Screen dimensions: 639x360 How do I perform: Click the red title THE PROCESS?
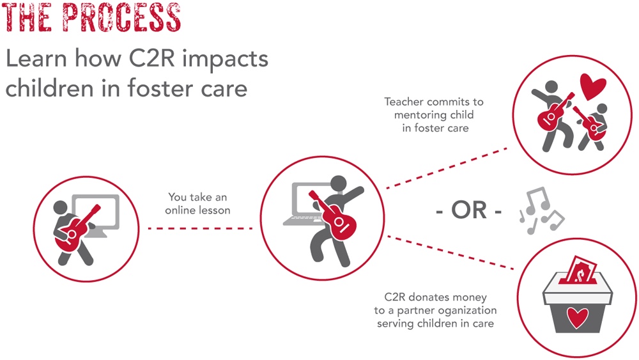(91, 17)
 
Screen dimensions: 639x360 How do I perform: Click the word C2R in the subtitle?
(151, 58)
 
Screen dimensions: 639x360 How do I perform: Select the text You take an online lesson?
(197, 203)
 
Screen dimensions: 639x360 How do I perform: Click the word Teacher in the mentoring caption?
(404, 102)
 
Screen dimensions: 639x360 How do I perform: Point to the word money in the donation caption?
(468, 297)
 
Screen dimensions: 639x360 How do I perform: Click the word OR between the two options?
(469, 210)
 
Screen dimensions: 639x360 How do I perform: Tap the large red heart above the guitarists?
(593, 86)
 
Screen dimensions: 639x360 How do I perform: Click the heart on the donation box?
(578, 318)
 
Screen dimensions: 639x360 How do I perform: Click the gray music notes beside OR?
(541, 211)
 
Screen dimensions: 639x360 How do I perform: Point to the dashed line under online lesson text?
(200, 228)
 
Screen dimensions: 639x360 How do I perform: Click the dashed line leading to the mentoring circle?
(447, 168)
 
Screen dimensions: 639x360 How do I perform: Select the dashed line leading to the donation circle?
(450, 252)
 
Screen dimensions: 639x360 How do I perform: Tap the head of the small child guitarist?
(601, 109)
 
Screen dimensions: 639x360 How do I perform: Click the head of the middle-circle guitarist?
(338, 184)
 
